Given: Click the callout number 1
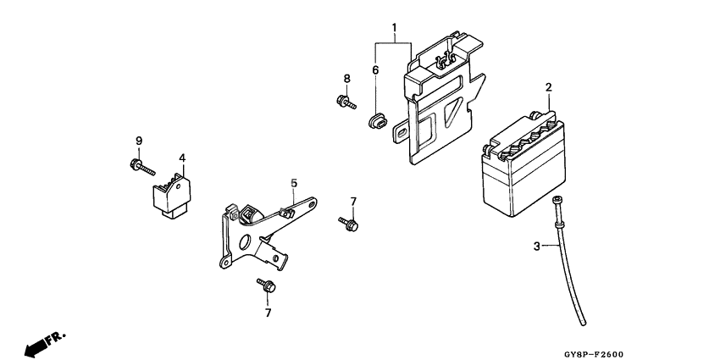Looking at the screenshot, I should [x=394, y=28].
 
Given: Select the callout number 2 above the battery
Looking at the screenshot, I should [x=548, y=87].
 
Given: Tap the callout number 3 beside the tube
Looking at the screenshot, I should [x=536, y=246].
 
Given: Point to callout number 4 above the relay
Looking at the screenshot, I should [x=181, y=158].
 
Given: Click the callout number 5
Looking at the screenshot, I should [x=294, y=183].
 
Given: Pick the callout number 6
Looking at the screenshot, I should [x=374, y=72].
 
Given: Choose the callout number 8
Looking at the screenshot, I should [x=346, y=79].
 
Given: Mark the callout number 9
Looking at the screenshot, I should [x=138, y=140].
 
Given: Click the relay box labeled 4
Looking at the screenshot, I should [x=172, y=192].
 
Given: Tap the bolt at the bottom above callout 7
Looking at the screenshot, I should [x=265, y=286].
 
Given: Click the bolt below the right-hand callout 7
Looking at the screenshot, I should [x=350, y=224].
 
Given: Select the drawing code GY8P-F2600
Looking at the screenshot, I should [x=656, y=346].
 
